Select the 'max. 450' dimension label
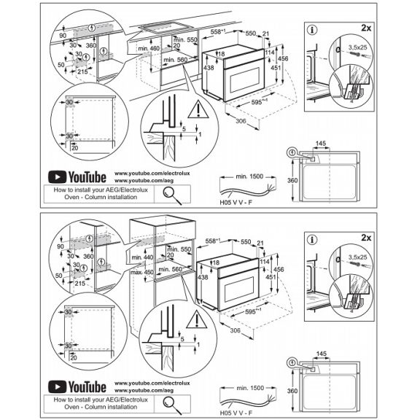click(143, 273)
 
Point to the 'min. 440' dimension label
click(143, 258)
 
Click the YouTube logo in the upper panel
click(77, 176)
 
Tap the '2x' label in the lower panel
click(366, 237)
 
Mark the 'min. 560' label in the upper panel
click(176, 60)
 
